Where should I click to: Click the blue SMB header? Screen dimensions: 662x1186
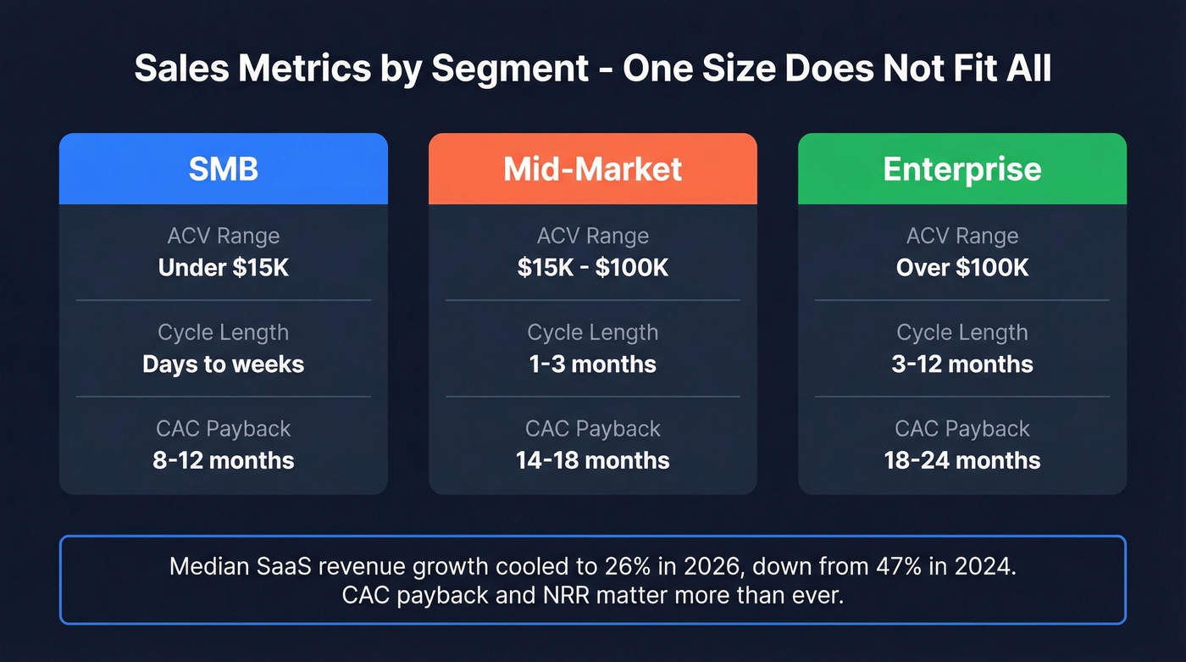(x=223, y=169)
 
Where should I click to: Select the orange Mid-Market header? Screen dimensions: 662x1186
(x=592, y=169)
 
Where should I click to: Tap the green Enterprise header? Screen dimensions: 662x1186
(x=962, y=169)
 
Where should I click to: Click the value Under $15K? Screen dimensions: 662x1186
(x=223, y=268)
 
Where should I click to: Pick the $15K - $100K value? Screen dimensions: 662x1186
(x=592, y=268)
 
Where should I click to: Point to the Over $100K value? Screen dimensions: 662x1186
(x=962, y=268)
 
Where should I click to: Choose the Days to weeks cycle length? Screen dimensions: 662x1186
(x=223, y=364)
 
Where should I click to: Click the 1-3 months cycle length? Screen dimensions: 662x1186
(x=592, y=364)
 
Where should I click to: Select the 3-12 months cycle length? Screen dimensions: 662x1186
(x=962, y=364)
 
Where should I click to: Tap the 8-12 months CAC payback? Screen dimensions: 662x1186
(x=223, y=460)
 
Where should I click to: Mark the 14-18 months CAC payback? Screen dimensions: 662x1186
(x=592, y=460)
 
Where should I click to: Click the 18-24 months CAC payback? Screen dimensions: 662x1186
(x=962, y=460)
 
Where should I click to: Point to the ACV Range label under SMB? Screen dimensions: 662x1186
(x=223, y=236)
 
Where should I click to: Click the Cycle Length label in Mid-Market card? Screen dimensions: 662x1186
(x=592, y=332)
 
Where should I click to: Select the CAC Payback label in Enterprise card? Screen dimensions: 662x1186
(x=962, y=429)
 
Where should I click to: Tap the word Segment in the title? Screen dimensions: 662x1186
(x=510, y=69)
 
